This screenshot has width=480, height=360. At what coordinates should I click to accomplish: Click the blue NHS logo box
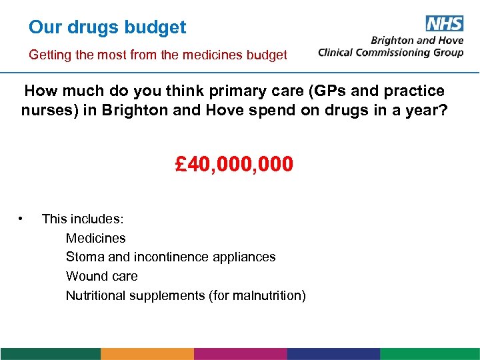pos(444,23)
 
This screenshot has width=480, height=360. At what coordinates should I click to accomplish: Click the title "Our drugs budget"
pos(107,28)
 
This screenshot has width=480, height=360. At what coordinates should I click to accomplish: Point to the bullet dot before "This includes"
pos(22,218)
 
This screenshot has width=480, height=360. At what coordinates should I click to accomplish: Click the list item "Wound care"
pos(101,276)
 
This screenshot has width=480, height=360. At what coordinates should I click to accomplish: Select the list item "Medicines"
pos(95,238)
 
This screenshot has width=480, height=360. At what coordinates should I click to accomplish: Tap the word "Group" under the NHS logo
pos(446,53)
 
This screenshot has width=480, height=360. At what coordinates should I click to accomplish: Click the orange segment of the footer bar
pos(147,353)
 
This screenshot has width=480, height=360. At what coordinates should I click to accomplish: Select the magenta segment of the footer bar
pos(241,353)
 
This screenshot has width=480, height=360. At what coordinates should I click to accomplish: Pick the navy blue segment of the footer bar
pos(333,353)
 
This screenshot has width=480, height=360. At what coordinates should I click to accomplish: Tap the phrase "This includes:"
pos(83,219)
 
